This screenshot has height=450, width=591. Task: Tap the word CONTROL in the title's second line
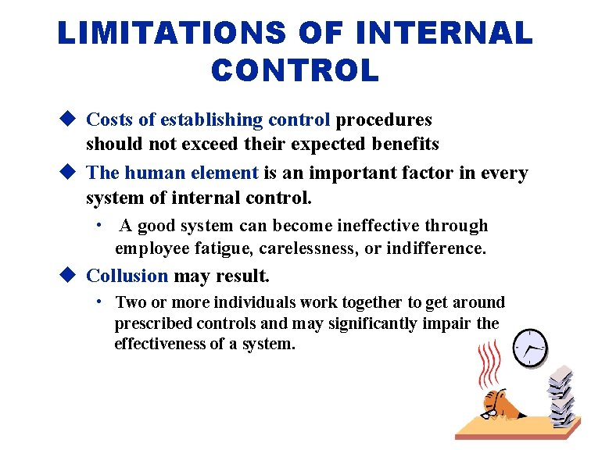pos(295,70)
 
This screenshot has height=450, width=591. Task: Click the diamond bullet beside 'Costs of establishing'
pos(68,120)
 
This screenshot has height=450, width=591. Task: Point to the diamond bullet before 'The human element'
pos(68,173)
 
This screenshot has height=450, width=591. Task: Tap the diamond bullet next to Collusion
pos(68,275)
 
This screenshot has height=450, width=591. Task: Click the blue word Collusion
pos(127,276)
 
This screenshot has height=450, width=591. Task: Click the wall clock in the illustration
pos(532,347)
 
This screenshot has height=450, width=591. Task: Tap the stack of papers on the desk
pos(562,395)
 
